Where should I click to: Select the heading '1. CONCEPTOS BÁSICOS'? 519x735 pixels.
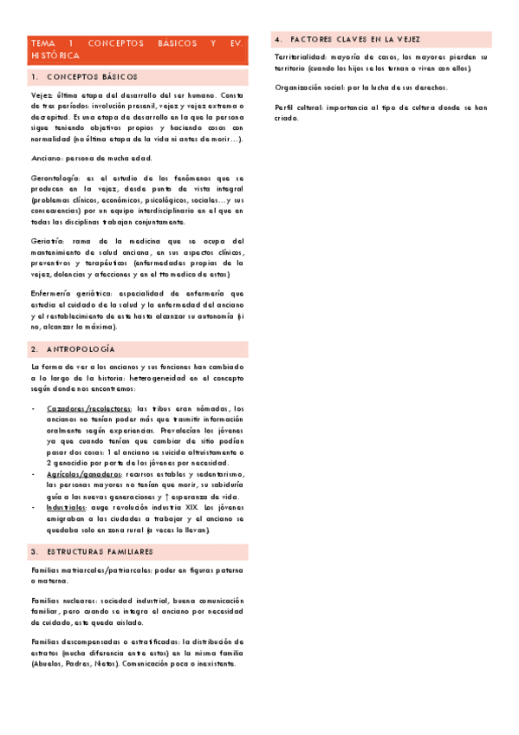point(85,77)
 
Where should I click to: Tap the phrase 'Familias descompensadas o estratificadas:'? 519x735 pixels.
point(108,641)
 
